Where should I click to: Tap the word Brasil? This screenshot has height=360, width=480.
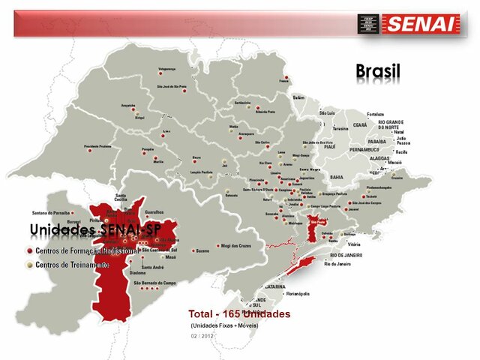[x=378, y=70]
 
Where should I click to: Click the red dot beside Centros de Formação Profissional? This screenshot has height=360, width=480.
[x=29, y=250]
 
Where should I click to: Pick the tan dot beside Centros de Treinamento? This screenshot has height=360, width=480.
[x=29, y=265]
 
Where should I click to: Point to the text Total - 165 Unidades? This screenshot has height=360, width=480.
[x=239, y=313]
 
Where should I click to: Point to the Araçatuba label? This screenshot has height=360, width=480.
[x=133, y=106]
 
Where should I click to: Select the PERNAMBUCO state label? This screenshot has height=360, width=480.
[x=365, y=149]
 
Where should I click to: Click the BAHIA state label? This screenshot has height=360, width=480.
[x=337, y=177]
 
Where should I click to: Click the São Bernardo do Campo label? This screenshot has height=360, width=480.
[x=154, y=283]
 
